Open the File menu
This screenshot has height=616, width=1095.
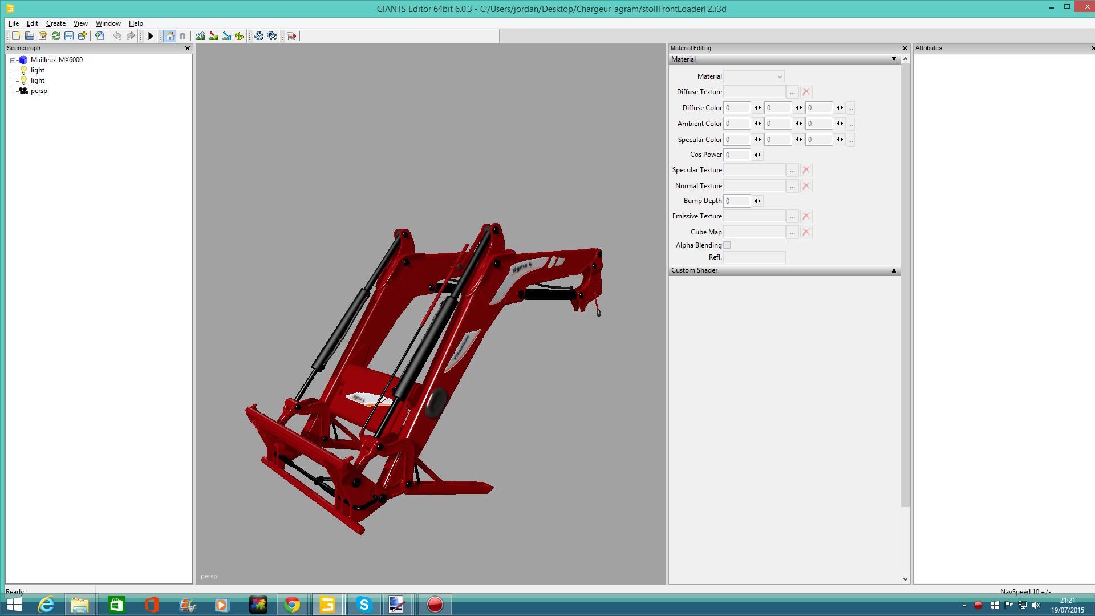coord(14,23)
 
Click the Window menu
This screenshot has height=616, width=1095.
coord(108,23)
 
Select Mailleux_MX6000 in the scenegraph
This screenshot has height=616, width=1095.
coord(56,60)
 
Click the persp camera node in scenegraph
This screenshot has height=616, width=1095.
coord(39,91)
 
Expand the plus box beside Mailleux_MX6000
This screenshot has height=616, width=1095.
coord(13,60)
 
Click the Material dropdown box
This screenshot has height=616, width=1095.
coord(753,76)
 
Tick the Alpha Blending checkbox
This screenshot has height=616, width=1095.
coord(727,245)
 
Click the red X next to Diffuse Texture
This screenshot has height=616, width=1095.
coord(806,92)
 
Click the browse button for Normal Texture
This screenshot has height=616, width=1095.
coord(792,186)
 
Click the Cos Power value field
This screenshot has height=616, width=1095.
coord(737,155)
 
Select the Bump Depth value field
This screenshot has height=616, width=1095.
coord(737,201)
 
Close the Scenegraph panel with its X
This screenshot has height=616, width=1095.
coord(188,48)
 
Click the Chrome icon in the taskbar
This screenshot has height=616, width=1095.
coord(292,605)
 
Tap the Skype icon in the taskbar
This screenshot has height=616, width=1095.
coord(364,605)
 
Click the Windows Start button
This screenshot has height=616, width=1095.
coord(14,605)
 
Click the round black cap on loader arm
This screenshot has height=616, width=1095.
coord(437,402)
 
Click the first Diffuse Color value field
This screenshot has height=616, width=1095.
coord(737,108)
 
